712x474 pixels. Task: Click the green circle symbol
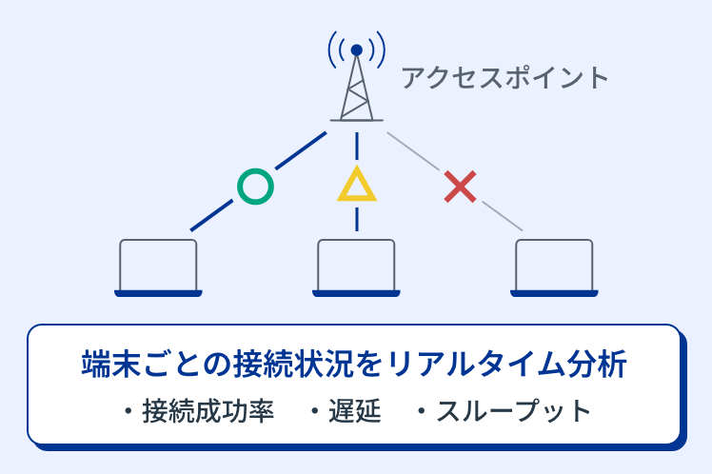tap(254, 186)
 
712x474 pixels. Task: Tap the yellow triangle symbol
tap(357, 187)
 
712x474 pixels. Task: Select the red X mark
tap(461, 186)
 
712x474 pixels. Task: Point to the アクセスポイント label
tap(504, 77)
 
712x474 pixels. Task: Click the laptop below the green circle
tap(158, 267)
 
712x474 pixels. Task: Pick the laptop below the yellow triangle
tap(356, 267)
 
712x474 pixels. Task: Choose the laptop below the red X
tap(554, 267)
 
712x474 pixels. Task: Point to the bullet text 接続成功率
tap(208, 411)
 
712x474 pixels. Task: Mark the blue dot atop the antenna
tap(356, 49)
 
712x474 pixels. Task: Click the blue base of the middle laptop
tap(356, 293)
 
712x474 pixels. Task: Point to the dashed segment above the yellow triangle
tap(357, 145)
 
